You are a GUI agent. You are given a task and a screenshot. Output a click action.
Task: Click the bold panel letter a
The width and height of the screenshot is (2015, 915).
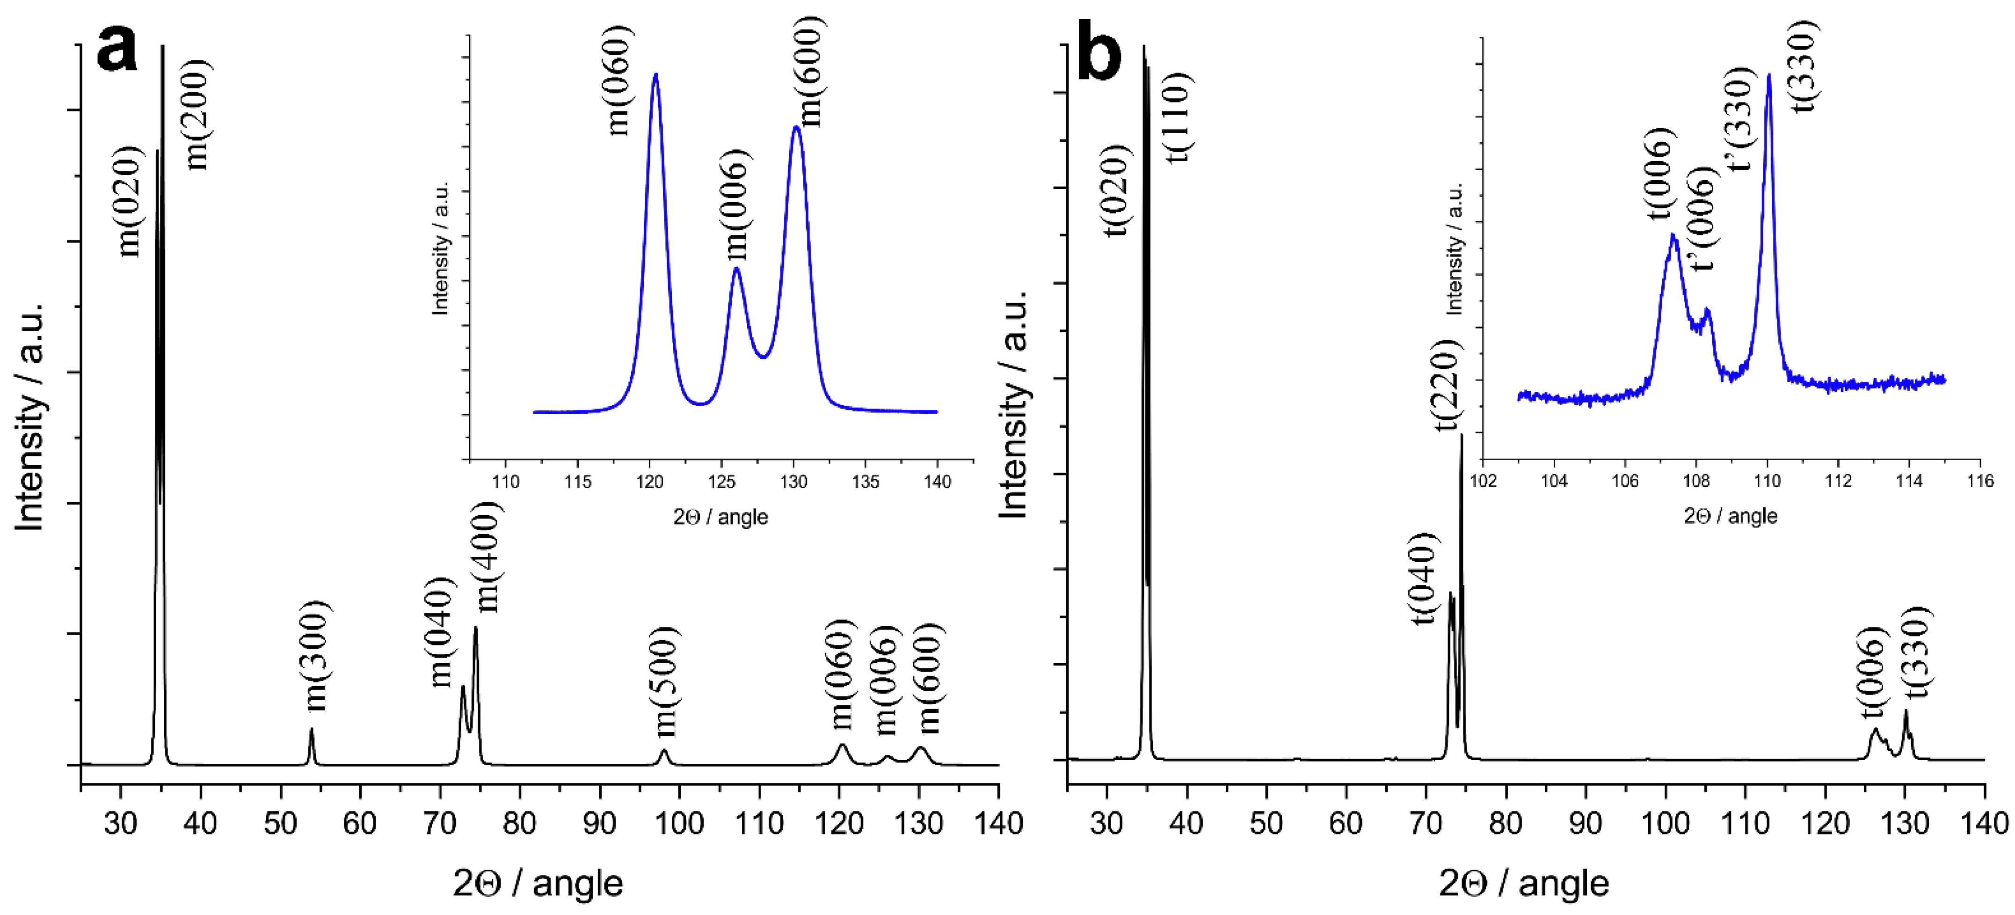tap(117, 49)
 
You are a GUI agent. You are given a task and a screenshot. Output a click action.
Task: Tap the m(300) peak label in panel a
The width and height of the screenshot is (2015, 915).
tap(316, 656)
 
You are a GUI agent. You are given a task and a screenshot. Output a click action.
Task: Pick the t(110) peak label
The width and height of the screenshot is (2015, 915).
tap(1177, 117)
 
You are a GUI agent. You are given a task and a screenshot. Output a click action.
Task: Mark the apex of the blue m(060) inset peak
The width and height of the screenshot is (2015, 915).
tap(655, 75)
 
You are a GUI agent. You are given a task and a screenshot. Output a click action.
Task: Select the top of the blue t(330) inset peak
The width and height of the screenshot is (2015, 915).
tap(1768, 76)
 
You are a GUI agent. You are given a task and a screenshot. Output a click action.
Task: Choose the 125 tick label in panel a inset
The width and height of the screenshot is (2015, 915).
tap(721, 482)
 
